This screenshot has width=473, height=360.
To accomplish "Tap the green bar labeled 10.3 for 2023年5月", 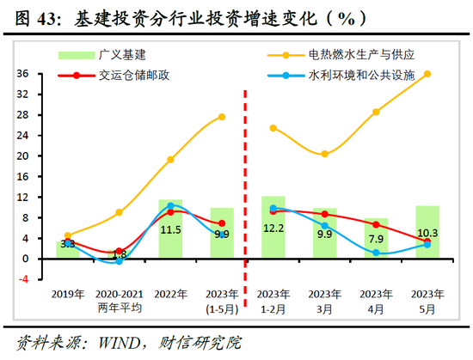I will coord(427,231).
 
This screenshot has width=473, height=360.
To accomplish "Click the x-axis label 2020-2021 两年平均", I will coord(119,301).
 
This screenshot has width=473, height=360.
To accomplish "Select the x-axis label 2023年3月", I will coord(324,301).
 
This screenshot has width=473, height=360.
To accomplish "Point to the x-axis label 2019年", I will coord(68,295).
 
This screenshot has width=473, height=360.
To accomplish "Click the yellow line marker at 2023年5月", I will coord(427,74).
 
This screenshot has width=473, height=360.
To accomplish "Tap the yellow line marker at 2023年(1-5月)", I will coord(222,116).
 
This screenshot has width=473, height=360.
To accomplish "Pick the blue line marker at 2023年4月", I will coord(376,253).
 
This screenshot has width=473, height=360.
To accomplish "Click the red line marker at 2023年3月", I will coord(324,214).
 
